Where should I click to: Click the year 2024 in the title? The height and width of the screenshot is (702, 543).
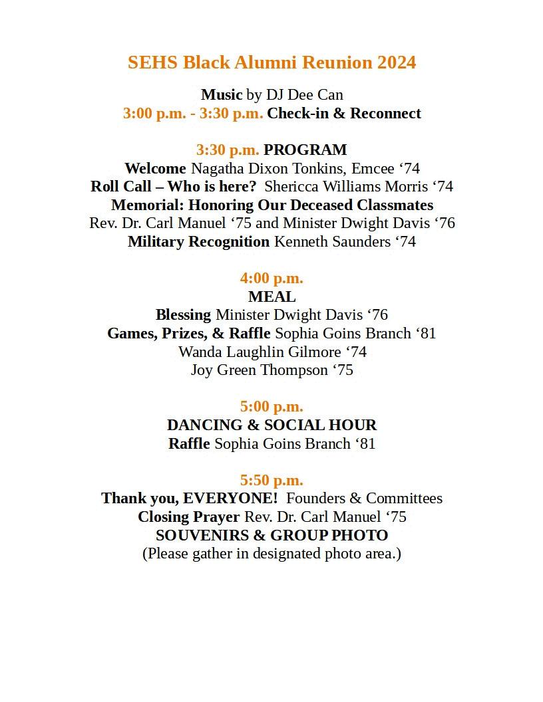[397, 62]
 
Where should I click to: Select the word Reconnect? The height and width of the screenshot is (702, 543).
[385, 114]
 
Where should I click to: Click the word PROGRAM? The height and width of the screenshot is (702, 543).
[305, 150]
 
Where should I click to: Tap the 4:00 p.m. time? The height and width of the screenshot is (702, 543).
[271, 279]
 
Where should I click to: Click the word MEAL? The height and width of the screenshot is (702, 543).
[271, 296]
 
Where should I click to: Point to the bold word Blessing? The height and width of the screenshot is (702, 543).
[183, 315]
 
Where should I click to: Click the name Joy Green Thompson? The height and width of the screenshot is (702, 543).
[260, 370]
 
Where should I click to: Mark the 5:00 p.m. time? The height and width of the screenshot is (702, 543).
[271, 407]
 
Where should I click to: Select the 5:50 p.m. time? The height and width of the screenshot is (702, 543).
[271, 480]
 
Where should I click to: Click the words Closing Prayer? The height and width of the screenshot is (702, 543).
[188, 517]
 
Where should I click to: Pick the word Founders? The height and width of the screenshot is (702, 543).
[315, 499]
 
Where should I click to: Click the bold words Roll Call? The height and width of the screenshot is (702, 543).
[120, 187]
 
